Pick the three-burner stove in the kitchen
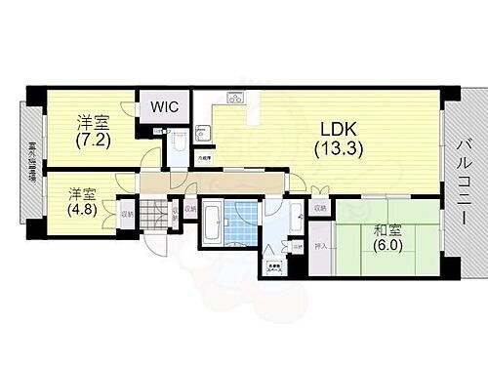(234, 99)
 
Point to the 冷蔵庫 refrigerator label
(204, 157)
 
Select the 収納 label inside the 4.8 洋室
(127, 213)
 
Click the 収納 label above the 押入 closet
(320, 208)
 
